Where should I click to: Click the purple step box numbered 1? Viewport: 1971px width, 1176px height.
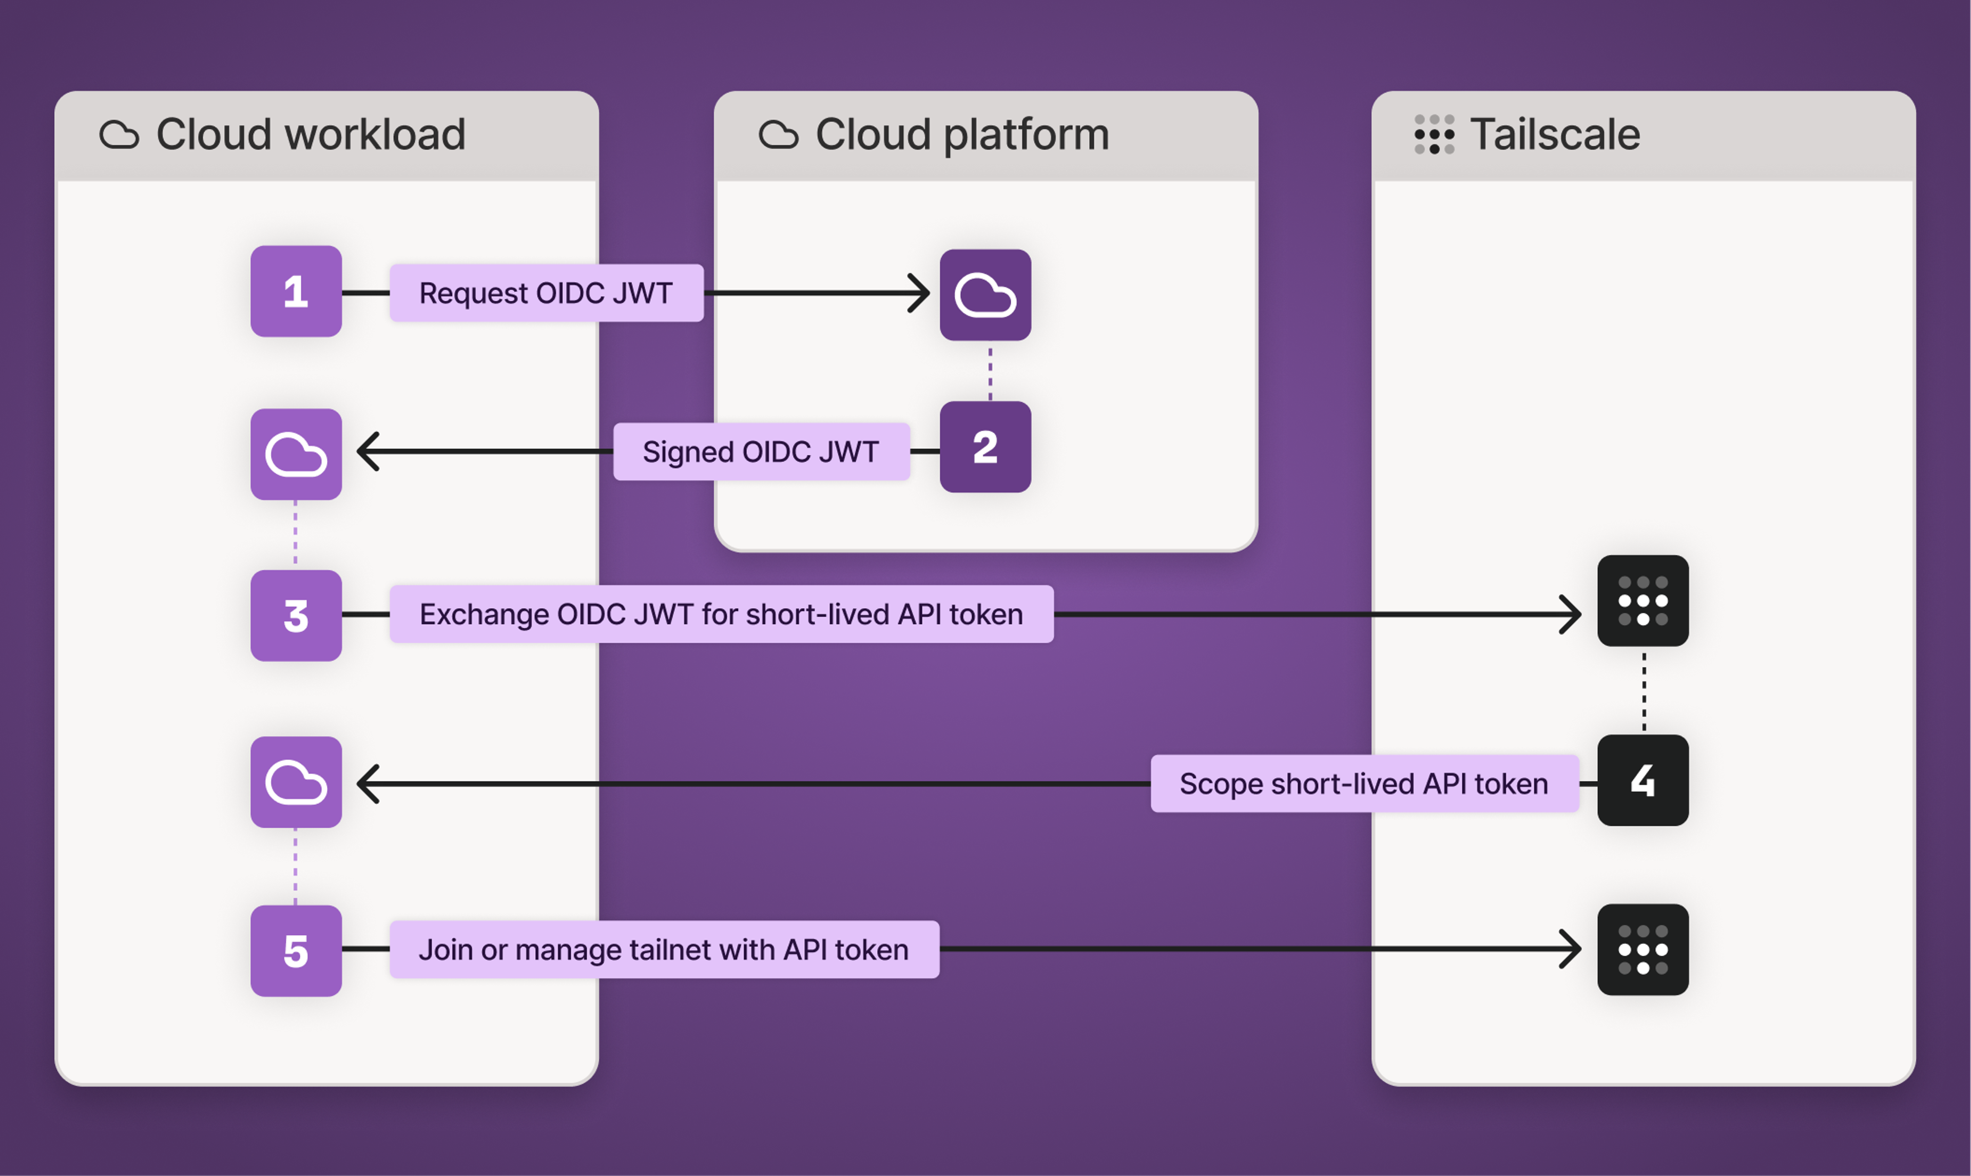296,291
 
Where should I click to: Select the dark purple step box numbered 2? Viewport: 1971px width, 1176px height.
984,447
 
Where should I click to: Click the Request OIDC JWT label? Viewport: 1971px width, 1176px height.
546,293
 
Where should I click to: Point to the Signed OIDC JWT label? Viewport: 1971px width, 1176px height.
761,452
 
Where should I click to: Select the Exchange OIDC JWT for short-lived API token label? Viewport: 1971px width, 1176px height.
721,614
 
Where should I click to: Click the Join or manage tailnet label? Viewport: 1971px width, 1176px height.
664,949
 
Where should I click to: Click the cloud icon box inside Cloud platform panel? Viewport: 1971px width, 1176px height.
984,295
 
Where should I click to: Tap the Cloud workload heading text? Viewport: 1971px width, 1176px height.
311,134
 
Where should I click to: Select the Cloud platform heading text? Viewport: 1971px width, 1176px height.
962,134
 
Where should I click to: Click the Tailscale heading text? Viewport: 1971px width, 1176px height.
1554,134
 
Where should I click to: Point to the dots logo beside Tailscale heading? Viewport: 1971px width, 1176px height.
1434,134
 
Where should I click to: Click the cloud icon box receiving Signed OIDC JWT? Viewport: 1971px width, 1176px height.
296,454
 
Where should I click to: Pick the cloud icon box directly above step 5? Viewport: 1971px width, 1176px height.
296,782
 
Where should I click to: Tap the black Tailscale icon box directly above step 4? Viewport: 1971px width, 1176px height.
1642,601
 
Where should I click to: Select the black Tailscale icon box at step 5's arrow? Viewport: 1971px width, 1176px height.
1642,949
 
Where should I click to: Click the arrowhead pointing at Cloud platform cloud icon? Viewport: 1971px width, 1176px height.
920,293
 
